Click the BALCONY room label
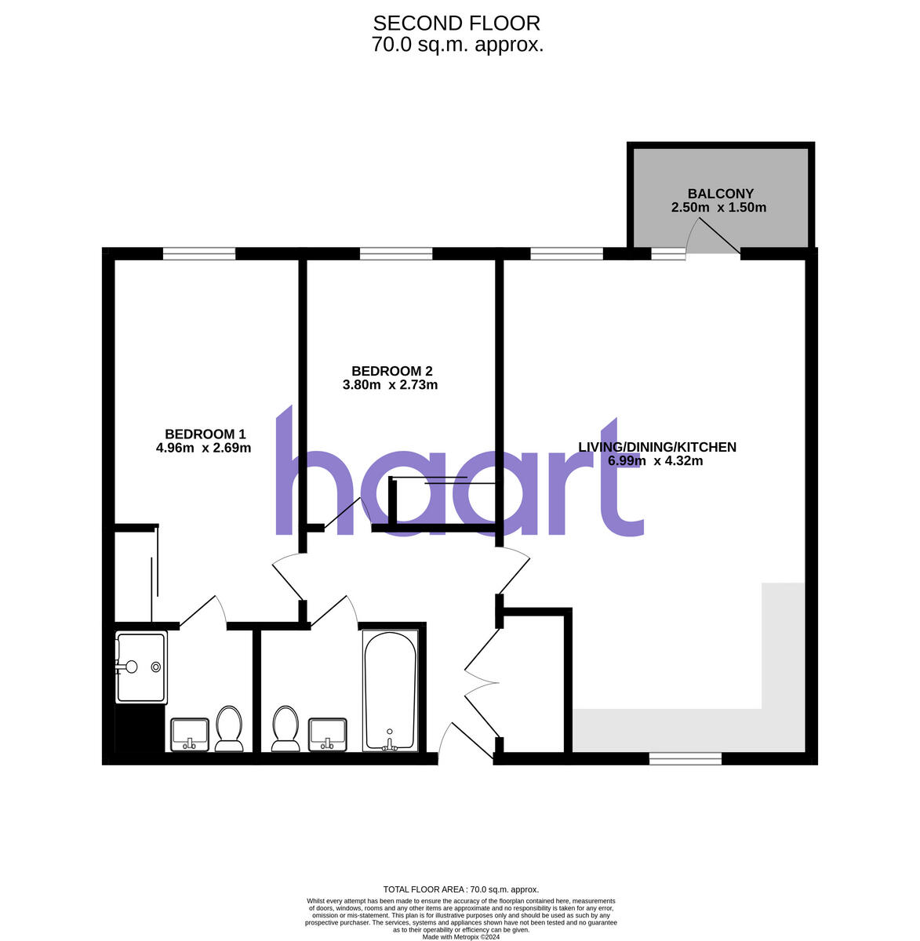[720, 194]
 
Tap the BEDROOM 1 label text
[205, 434]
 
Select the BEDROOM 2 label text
[391, 371]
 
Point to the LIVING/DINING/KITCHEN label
[656, 447]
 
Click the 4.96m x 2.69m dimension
[203, 449]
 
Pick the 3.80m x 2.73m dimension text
[391, 385]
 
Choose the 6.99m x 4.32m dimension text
[655, 461]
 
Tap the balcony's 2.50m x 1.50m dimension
[718, 208]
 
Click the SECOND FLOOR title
[456, 24]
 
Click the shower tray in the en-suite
[141, 667]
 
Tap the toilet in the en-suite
[229, 728]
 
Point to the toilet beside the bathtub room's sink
[285, 728]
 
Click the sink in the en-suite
[190, 734]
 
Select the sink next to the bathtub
[328, 734]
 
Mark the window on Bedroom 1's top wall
[199, 253]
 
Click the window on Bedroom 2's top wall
[396, 253]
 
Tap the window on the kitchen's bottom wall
[685, 758]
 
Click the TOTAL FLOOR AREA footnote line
[460, 889]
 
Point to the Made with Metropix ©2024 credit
[460, 936]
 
